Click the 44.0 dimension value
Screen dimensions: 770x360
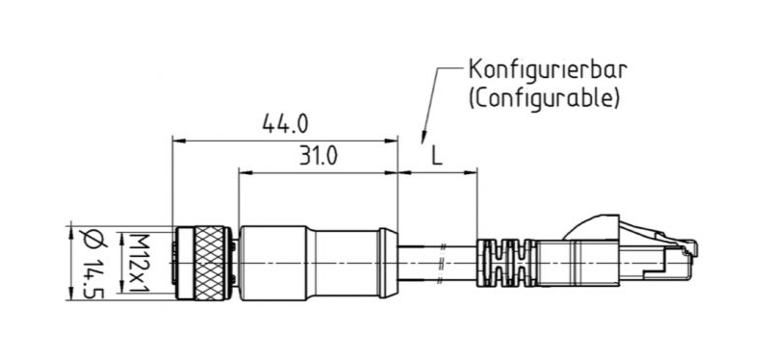285,124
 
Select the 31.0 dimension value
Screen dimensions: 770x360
318,157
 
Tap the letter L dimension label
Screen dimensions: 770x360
437,157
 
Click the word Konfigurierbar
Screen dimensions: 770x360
548,69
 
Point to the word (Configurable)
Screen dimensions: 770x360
544,99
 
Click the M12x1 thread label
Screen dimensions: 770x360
139,263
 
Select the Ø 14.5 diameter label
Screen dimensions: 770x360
93,263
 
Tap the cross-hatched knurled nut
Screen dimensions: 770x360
209,263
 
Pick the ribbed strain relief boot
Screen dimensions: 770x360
506,263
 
